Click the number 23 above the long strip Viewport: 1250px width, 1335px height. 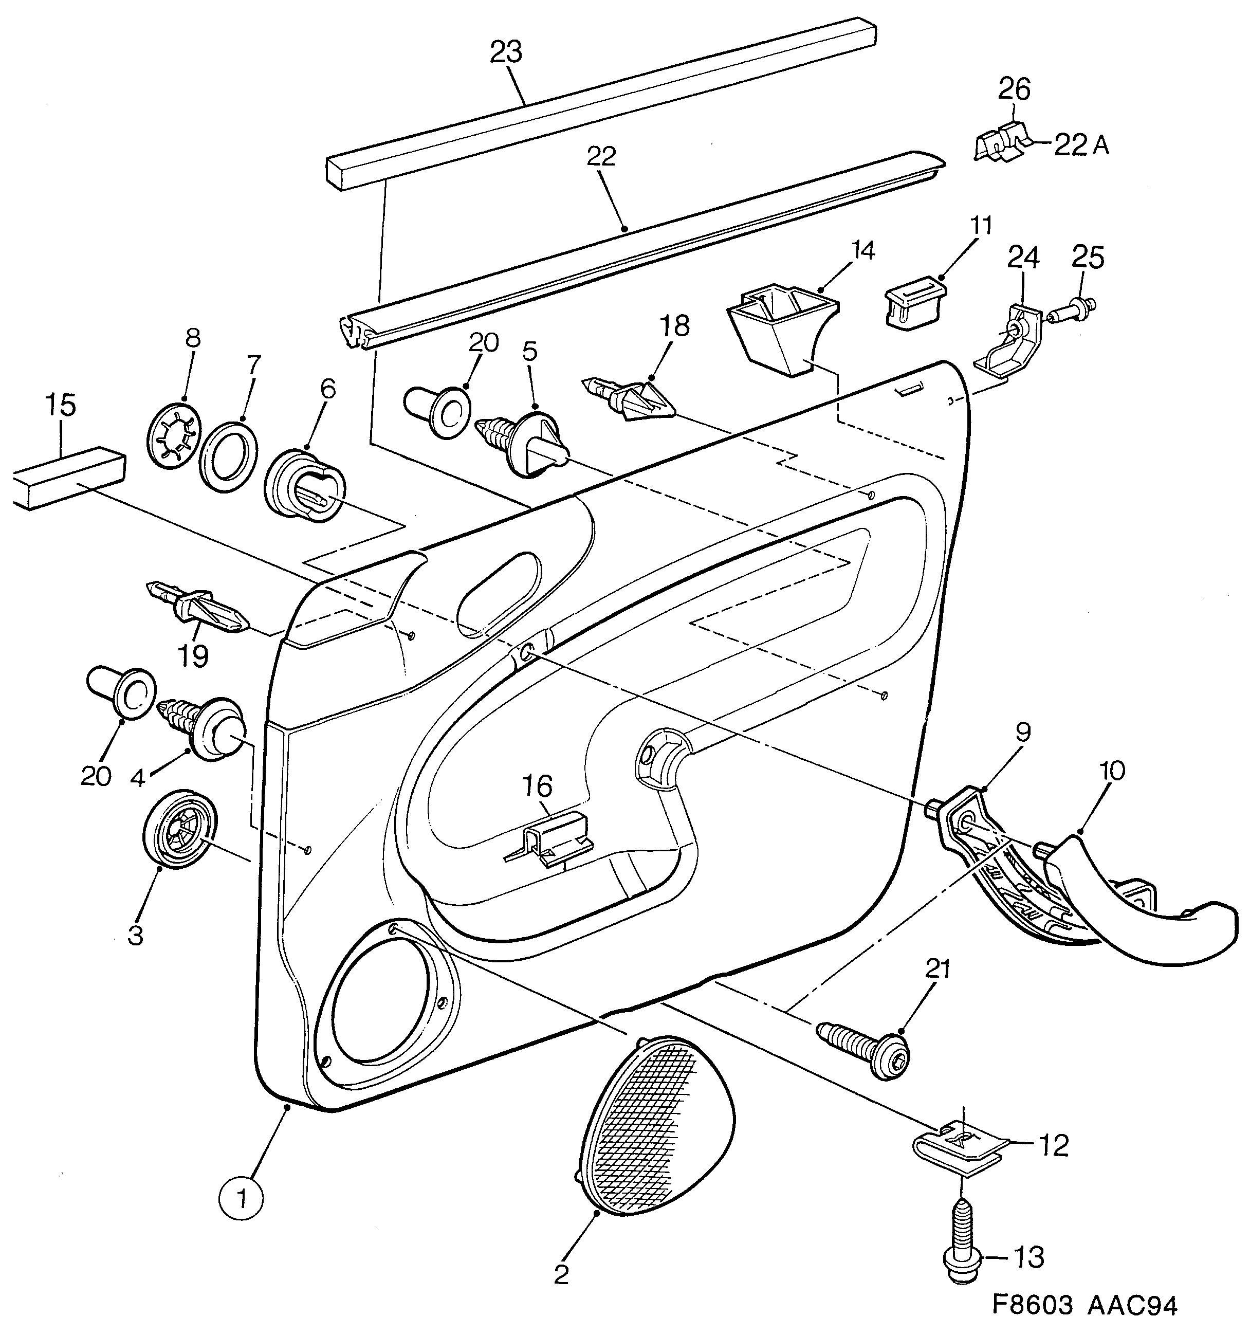(x=506, y=52)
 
